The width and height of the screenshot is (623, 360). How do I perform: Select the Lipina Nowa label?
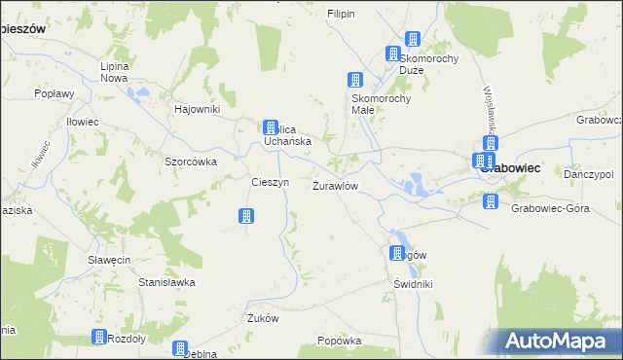pos(115,71)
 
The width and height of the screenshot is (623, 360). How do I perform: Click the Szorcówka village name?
pos(190,162)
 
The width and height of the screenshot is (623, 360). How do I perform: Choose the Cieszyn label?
pos(270,182)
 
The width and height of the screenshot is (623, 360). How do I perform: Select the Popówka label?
pos(340,342)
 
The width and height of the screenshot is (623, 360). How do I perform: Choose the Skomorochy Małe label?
pos(383,103)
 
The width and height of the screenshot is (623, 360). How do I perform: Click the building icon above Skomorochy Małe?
pos(355,80)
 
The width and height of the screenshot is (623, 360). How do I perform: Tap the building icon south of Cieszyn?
pos(246,215)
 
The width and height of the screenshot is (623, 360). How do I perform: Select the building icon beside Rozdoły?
pos(99,337)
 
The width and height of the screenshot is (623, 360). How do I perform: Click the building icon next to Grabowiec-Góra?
pos(491,201)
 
